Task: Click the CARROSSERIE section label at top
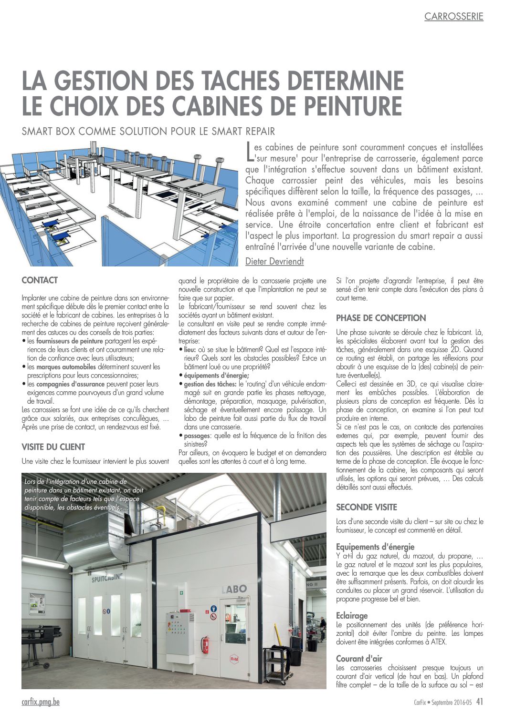point(453,17)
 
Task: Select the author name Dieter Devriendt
point(274,261)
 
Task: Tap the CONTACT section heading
point(40,281)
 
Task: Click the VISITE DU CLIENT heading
point(53,447)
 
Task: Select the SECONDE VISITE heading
point(366,507)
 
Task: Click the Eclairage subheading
point(352,616)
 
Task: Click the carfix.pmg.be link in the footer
point(41,702)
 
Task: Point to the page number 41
point(480,701)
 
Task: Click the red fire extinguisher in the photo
point(206,645)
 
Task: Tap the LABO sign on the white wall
point(234,589)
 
